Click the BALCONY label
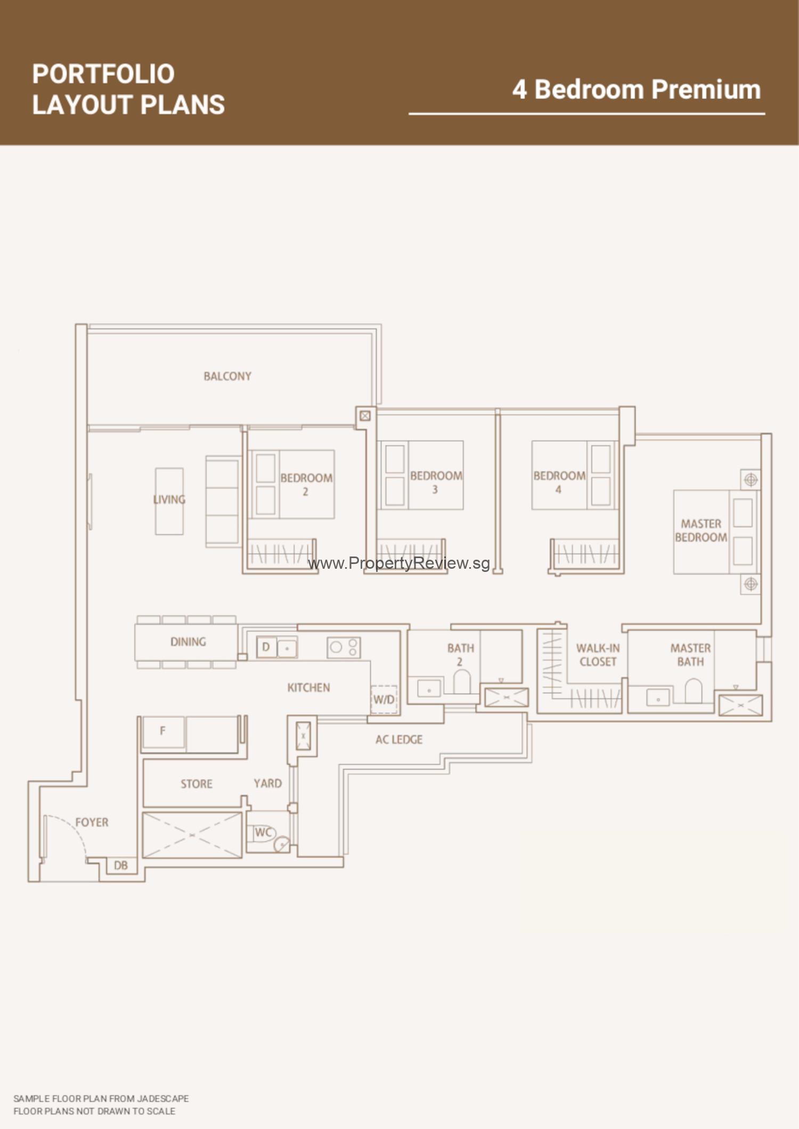[227, 377]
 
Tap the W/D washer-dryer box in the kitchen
[384, 699]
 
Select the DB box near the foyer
[121, 865]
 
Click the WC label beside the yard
[263, 832]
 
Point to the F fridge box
[163, 732]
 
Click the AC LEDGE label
[399, 740]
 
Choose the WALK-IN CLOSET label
[598, 655]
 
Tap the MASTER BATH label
[690, 655]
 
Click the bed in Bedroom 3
[421, 475]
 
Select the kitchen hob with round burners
[344, 648]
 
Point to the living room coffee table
[169, 501]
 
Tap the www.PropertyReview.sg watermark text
[399, 563]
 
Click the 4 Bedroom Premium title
[637, 89]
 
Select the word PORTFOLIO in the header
[103, 74]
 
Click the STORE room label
[196, 784]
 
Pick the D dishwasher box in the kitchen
[266, 647]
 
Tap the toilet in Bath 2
[462, 682]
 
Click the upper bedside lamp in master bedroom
[751, 479]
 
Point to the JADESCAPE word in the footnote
[163, 1099]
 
